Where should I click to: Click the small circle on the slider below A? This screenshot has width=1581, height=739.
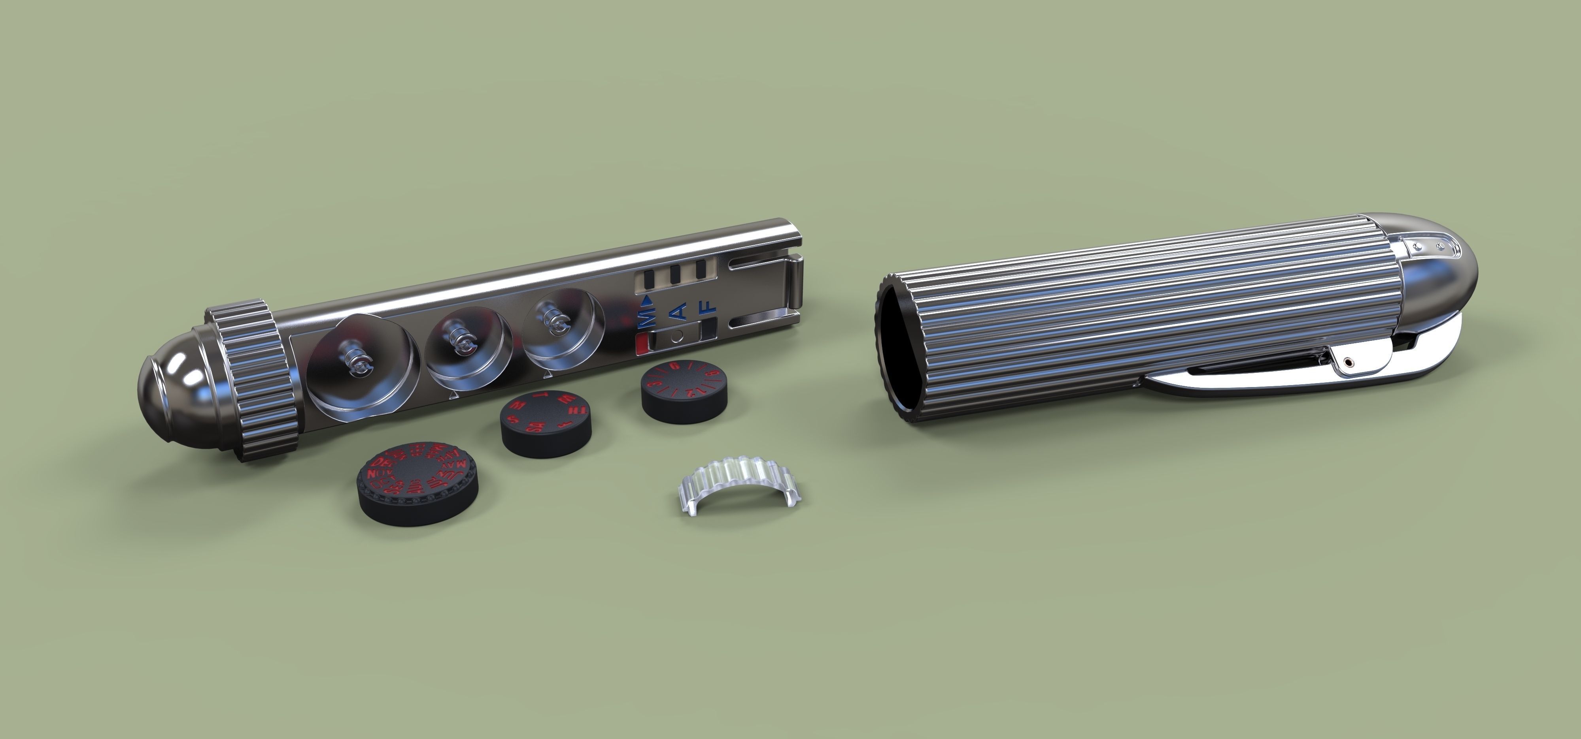(x=678, y=337)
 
